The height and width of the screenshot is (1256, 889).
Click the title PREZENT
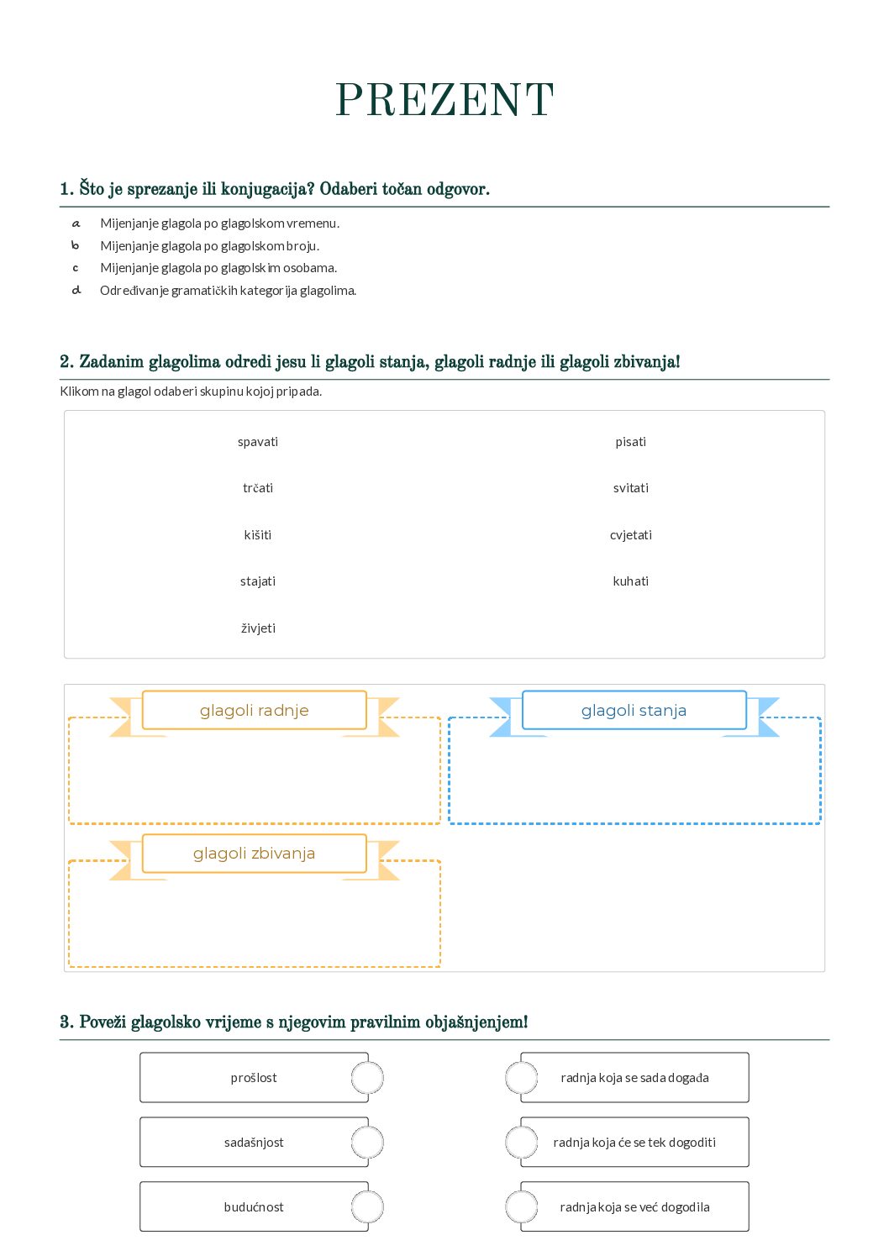click(444, 101)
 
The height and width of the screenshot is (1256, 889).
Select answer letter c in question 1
click(76, 268)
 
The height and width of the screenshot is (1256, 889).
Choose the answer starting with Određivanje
click(228, 291)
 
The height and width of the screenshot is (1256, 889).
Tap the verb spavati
click(258, 442)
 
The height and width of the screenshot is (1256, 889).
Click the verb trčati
click(258, 488)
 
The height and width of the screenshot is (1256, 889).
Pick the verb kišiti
click(258, 535)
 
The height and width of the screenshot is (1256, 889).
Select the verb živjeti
click(258, 628)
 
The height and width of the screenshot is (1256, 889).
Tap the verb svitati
click(630, 488)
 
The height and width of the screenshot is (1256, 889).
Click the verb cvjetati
click(630, 535)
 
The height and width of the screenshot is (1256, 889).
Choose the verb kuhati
click(630, 581)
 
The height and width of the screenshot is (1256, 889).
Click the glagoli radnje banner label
click(255, 711)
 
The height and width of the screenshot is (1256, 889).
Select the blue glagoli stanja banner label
click(634, 711)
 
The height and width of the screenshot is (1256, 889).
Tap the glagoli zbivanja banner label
click(255, 854)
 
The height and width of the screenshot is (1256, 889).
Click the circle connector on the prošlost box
click(367, 1078)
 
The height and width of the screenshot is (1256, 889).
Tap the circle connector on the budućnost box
click(367, 1207)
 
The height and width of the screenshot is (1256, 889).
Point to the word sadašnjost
click(254, 1143)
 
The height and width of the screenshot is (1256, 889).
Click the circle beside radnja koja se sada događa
click(521, 1078)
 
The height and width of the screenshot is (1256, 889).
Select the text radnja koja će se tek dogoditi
click(634, 1143)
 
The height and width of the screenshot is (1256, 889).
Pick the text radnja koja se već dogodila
click(634, 1207)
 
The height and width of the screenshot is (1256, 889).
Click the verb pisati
click(630, 442)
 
